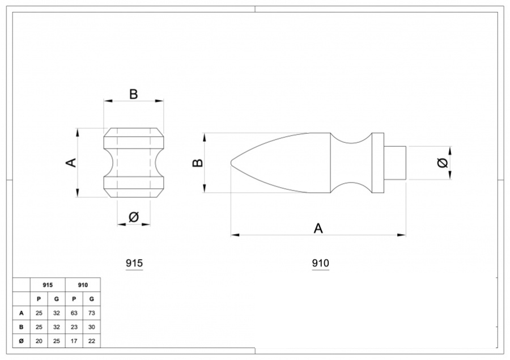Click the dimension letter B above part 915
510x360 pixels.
click(x=134, y=94)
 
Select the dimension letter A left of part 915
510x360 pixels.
click(x=70, y=163)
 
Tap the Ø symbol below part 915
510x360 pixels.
click(x=134, y=217)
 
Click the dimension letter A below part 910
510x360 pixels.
click(x=318, y=228)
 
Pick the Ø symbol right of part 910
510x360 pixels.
click(x=443, y=163)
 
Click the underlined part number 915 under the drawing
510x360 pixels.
click(x=134, y=263)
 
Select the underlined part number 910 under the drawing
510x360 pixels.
click(x=321, y=263)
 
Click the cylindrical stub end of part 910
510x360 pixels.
click(x=396, y=163)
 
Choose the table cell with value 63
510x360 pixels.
click(x=74, y=312)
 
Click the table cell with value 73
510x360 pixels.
click(x=92, y=312)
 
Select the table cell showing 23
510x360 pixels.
click(x=74, y=327)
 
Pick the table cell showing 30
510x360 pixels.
click(x=92, y=327)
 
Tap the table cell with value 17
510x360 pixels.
click(x=74, y=341)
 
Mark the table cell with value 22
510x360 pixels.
click(x=92, y=341)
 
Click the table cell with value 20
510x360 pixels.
click(x=39, y=341)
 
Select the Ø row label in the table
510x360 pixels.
click(x=22, y=341)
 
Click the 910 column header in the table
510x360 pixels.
click(x=83, y=285)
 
